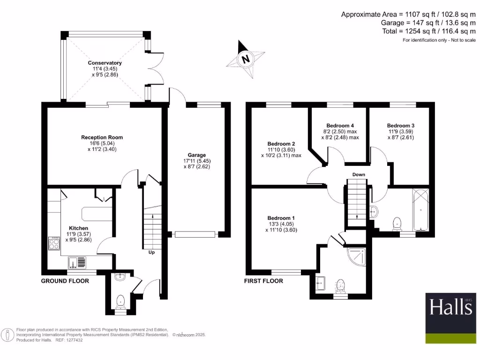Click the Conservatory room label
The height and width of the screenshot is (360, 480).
pos(105,63)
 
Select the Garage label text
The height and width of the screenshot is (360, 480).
pos(197,155)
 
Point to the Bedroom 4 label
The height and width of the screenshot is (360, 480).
pos(340,126)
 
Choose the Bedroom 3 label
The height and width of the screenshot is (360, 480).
pos(400,126)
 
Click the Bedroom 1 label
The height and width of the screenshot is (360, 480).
pos(281,218)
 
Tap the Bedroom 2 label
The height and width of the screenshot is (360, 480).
pos(281,143)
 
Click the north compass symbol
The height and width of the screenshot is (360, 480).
pos(244,59)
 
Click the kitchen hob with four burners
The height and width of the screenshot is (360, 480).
pos(54,244)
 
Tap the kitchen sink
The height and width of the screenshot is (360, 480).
pos(77,262)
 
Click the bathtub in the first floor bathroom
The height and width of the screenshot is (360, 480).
pos(420,210)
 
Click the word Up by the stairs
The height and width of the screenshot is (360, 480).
pos(151,252)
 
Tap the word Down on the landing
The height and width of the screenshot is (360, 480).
pos(359,175)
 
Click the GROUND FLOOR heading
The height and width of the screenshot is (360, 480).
pos(65,281)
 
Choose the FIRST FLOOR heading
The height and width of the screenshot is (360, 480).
pos(263,281)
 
